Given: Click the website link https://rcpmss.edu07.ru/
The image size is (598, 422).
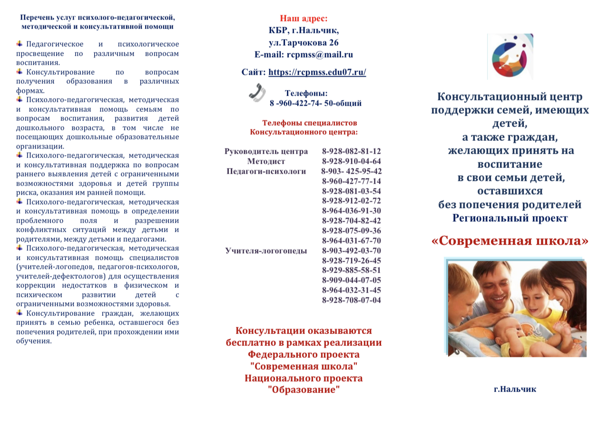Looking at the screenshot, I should [317, 73].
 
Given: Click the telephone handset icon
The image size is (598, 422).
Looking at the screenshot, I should [257, 92].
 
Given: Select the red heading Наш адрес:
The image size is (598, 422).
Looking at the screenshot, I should [304, 19].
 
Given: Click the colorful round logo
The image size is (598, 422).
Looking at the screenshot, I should [510, 56].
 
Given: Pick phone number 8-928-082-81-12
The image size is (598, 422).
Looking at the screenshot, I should [352, 151].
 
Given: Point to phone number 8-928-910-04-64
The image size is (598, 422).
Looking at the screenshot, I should [352, 161].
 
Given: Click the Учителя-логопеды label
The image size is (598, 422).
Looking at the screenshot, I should [266, 251].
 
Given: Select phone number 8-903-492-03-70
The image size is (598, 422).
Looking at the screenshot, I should [352, 251].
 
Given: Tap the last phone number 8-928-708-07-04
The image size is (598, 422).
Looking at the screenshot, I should [352, 300].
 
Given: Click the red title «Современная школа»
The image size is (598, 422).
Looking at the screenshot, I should [510, 240].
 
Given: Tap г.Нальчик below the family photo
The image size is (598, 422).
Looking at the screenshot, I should [515, 389].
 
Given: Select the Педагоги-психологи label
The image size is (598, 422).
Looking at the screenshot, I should [266, 171].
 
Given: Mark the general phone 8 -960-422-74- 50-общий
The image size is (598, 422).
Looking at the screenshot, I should [315, 103].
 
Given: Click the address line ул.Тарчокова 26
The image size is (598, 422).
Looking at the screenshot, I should [304, 43].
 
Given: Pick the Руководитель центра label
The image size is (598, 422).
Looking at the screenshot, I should [266, 151].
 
